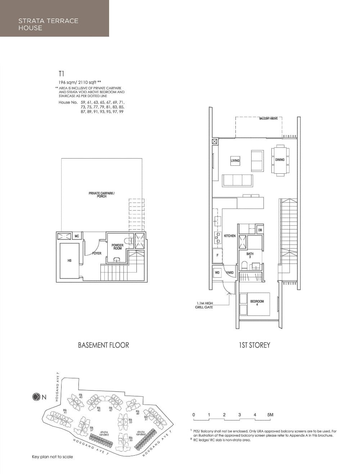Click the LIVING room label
(235, 161)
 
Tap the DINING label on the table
(280, 160)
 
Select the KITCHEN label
(230, 236)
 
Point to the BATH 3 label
(250, 255)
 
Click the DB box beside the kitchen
(260, 230)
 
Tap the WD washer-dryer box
(217, 273)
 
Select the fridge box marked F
(217, 255)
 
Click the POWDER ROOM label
(117, 247)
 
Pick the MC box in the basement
(77, 236)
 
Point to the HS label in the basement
(69, 261)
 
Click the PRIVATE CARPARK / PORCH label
(102, 195)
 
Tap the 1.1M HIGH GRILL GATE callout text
(204, 305)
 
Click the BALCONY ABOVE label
(268, 118)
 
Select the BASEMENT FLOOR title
(103, 345)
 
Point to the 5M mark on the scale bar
(270, 415)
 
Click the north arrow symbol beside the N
(36, 397)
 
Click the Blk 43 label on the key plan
(81, 396)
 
